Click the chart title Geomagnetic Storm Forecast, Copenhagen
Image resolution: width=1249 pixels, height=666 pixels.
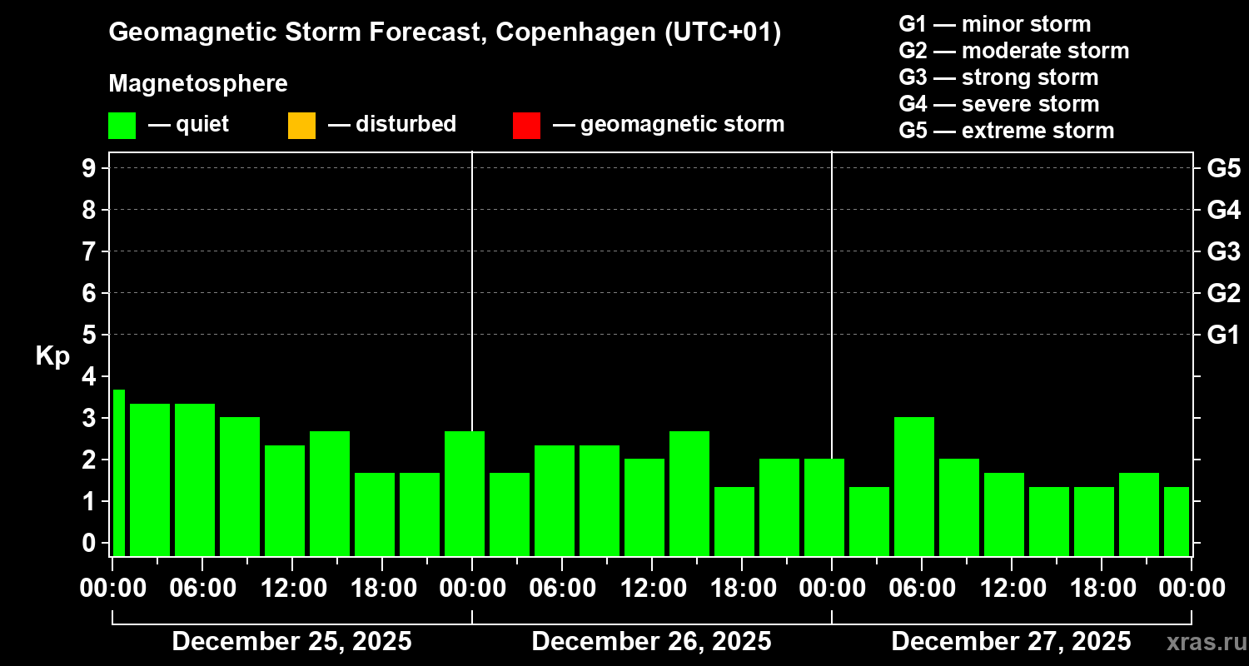[x=445, y=32]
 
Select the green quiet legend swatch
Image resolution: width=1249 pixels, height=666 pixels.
[x=122, y=125]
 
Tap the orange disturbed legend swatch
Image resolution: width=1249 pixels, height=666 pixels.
[x=301, y=125]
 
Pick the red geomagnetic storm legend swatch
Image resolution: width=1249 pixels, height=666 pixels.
[x=526, y=125]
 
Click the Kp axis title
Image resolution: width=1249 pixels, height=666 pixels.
[x=52, y=356]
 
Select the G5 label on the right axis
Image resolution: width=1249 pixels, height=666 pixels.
[x=1223, y=168]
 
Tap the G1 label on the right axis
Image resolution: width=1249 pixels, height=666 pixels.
[x=1223, y=335]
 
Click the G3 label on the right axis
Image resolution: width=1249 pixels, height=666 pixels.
[x=1223, y=251]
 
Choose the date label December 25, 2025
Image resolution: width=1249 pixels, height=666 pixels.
[x=291, y=642]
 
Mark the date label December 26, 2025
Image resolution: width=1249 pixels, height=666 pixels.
[x=651, y=642]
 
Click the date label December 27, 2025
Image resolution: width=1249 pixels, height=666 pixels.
[x=1011, y=642]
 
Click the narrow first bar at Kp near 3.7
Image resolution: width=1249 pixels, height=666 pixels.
[x=118, y=472]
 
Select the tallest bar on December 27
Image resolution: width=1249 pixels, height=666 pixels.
[x=914, y=486]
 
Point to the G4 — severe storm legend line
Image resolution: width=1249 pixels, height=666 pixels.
[x=998, y=104]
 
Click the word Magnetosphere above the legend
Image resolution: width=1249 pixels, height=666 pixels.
[x=198, y=84]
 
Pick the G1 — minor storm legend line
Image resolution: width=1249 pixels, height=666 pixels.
[x=994, y=24]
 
